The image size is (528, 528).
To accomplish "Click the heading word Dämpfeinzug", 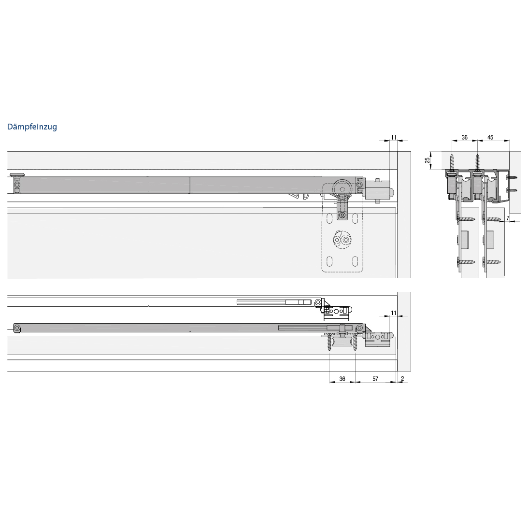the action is pos(32,127).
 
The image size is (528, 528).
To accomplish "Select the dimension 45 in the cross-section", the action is pos(490,137).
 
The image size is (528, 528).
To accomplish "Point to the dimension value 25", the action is pos(428,160).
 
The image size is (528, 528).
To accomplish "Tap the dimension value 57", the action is pos(375,379).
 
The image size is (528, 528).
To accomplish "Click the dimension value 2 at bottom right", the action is pos(402,379).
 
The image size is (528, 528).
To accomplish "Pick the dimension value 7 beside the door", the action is pos(508,218).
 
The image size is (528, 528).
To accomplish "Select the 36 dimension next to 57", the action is pos(342,379).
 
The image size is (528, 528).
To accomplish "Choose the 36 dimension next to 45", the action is pos(465,137).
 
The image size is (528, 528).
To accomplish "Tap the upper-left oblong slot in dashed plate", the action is pos(329,218).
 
